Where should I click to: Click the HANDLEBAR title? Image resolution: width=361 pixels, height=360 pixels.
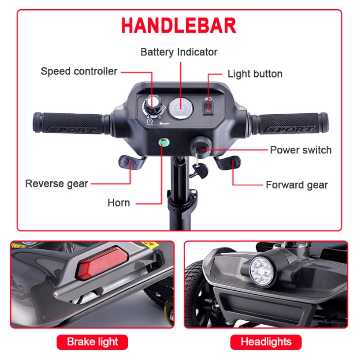click(x=179, y=25)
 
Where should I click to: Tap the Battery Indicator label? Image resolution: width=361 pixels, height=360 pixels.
click(x=179, y=52)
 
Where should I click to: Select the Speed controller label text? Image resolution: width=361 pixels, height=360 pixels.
click(x=79, y=71)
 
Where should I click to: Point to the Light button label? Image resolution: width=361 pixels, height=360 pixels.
click(x=255, y=74)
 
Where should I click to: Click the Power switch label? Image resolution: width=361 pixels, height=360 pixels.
click(x=301, y=150)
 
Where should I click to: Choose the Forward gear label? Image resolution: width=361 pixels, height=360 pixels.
click(x=297, y=185)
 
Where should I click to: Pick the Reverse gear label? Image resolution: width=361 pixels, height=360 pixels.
click(x=56, y=184)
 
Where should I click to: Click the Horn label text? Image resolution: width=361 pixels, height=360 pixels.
click(x=119, y=203)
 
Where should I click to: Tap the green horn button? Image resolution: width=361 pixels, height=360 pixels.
click(x=164, y=143)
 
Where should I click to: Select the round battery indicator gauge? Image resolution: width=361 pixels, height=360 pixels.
click(x=181, y=109)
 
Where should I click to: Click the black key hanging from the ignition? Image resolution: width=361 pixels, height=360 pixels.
click(x=199, y=171)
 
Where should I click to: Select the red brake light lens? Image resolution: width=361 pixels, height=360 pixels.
click(x=102, y=263)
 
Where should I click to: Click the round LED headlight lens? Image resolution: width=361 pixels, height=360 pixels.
click(x=261, y=272)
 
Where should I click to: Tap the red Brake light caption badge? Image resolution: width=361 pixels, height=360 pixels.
click(x=92, y=342)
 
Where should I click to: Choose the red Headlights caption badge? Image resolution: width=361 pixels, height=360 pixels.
click(x=266, y=342)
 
